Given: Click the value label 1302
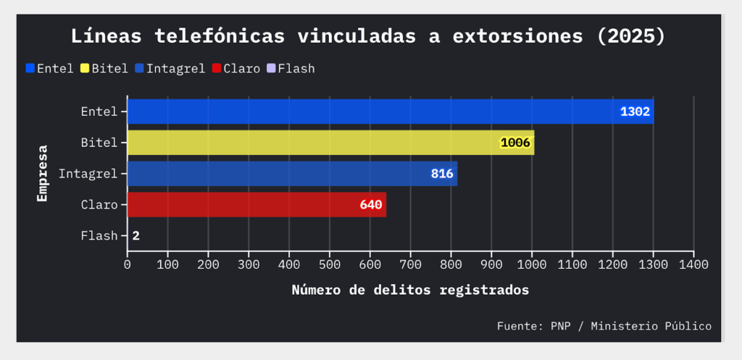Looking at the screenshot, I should [635, 112].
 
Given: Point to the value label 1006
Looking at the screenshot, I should [516, 143].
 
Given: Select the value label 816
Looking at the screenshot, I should [442, 174].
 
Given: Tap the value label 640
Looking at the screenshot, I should [371, 205].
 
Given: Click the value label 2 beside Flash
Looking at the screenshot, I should [136, 236].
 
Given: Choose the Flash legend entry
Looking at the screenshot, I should [291, 69].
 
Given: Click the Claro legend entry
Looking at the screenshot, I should [236, 69].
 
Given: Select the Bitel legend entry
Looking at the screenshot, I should [104, 69].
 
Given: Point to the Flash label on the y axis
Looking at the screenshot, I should [99, 236].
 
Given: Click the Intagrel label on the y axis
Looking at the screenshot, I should [88, 174].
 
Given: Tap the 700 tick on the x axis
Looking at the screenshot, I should [411, 265].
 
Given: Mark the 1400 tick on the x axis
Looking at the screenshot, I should [693, 265].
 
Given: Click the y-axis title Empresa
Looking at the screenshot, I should [43, 174].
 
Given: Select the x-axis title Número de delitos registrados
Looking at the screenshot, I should [410, 290].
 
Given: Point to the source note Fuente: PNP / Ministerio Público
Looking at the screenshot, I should [604, 327].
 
